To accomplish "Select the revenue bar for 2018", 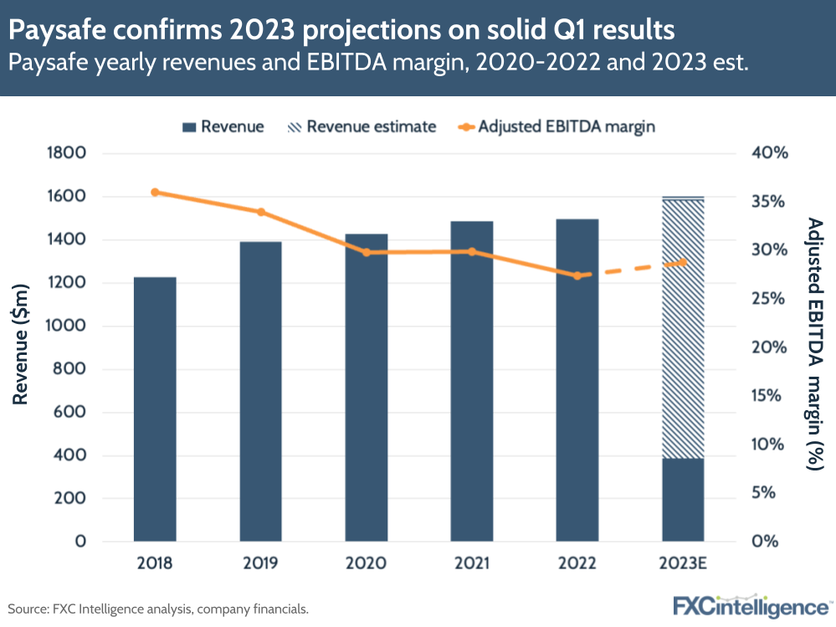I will [155, 409].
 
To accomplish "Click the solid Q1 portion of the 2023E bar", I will [683, 499].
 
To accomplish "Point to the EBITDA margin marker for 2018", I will [155, 193].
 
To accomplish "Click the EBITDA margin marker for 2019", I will [261, 212].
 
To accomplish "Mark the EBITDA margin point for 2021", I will [472, 251].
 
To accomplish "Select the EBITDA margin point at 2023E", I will [683, 262].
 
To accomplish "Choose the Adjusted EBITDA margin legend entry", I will [556, 127].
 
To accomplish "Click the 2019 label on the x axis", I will [261, 563].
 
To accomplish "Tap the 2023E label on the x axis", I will [683, 563].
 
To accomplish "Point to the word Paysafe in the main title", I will [52, 30].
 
